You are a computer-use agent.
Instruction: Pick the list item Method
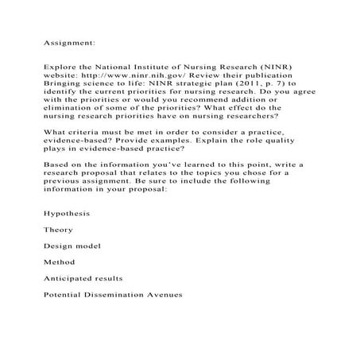[x=60, y=262]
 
